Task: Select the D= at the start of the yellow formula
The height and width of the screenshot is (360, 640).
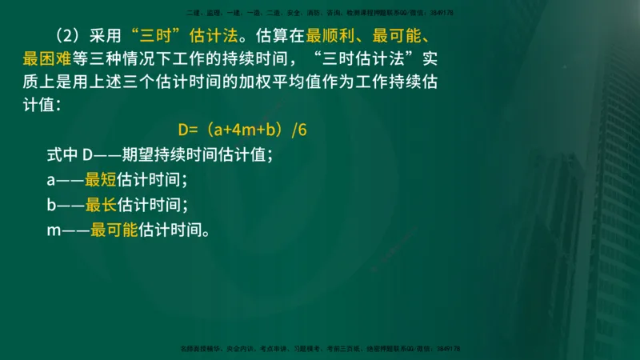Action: pos(187,130)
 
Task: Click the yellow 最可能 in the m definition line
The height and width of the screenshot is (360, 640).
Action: pos(114,230)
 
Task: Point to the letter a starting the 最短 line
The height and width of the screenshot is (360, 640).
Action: pos(51,180)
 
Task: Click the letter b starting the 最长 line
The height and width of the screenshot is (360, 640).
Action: pos(51,205)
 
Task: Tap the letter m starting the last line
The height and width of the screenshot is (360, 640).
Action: pos(53,231)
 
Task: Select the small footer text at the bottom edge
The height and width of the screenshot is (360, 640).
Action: pos(321,349)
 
